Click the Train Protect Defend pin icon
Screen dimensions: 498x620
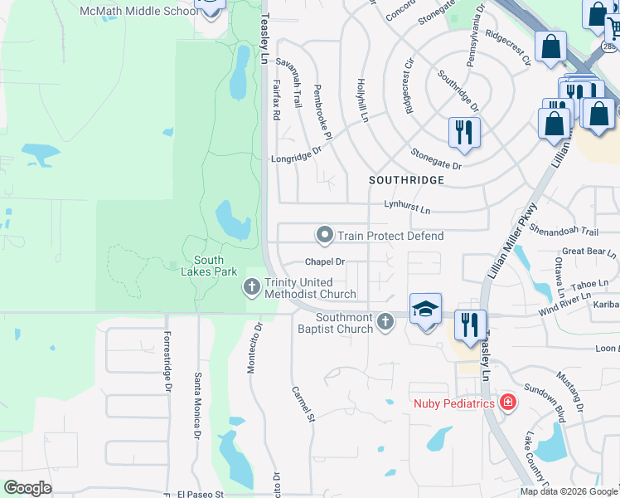tap(325, 236)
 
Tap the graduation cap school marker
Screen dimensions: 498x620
tap(425, 310)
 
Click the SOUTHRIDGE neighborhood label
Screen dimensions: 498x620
tap(407, 180)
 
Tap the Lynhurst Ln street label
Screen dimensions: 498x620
tap(407, 210)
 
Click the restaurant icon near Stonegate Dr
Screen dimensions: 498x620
tap(464, 132)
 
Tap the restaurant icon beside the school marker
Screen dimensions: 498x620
tap(470, 325)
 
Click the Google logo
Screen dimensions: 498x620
tap(27, 488)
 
